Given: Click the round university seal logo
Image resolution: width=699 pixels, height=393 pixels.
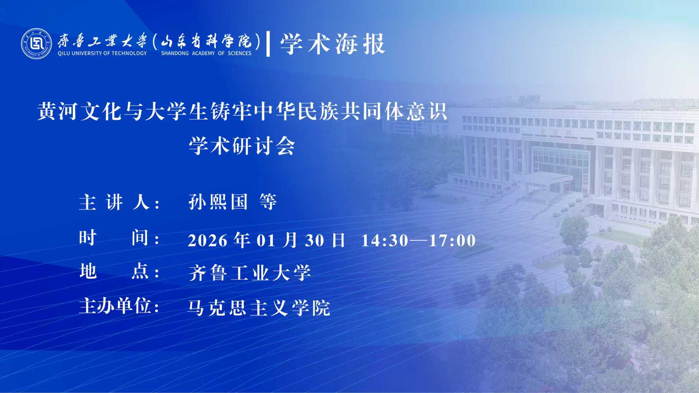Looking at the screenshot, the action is (36, 44).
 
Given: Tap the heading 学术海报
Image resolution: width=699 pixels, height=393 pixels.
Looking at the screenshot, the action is (332, 44).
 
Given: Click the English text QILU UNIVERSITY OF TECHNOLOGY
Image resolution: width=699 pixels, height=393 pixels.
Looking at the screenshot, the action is (102, 53).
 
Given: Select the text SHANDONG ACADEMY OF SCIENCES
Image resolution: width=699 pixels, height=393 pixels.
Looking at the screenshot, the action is (206, 53).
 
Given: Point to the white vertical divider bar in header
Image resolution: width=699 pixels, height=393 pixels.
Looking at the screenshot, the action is (268, 44).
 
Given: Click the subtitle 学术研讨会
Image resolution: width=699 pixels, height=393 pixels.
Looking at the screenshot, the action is (242, 146).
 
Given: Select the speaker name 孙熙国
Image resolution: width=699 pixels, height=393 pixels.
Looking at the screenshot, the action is (218, 202).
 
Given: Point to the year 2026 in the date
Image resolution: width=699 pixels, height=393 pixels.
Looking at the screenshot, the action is (208, 240).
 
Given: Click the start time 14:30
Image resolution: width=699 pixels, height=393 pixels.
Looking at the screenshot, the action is (385, 240).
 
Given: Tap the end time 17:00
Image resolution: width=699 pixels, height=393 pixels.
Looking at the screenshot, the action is (452, 240).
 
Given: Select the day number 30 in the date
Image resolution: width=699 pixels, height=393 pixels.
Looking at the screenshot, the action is (314, 240).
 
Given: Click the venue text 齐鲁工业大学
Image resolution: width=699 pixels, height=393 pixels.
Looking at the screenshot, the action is (250, 273).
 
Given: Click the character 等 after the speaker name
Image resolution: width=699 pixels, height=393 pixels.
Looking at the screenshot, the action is (268, 202).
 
